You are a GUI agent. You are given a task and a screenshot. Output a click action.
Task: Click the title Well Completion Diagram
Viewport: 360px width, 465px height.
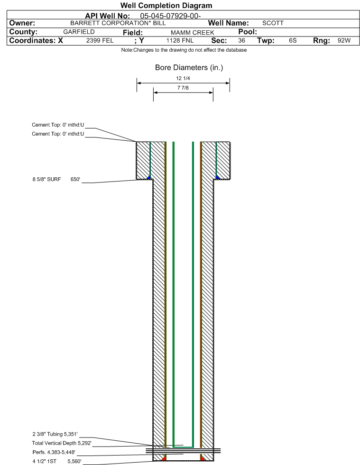pos(166,5)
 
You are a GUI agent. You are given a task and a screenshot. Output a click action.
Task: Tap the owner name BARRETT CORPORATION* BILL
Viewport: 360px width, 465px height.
pos(118,23)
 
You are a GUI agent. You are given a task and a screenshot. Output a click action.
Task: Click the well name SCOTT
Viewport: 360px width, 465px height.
pos(273,23)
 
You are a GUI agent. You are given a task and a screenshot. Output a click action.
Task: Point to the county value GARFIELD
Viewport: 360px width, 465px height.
pos(79,32)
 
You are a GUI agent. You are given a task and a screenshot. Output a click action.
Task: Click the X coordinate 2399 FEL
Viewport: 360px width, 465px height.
pos(100,41)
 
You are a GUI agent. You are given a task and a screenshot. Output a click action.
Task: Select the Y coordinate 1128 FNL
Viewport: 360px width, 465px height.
pos(180,41)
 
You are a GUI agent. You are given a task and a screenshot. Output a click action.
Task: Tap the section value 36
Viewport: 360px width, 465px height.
pos(241,41)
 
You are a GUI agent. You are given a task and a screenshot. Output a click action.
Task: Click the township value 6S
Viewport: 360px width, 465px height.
pos(293,41)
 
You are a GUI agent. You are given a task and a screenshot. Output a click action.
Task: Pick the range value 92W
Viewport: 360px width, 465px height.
pos(344,41)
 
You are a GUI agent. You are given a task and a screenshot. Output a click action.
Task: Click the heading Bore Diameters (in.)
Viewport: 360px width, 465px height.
pos(189,68)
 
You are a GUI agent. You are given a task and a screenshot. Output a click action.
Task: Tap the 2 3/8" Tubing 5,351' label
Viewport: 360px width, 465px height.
pos(55,434)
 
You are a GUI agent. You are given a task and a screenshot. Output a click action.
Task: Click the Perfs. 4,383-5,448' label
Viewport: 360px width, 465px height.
pos(54,452)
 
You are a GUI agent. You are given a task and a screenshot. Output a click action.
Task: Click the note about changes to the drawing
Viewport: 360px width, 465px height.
pos(184,50)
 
